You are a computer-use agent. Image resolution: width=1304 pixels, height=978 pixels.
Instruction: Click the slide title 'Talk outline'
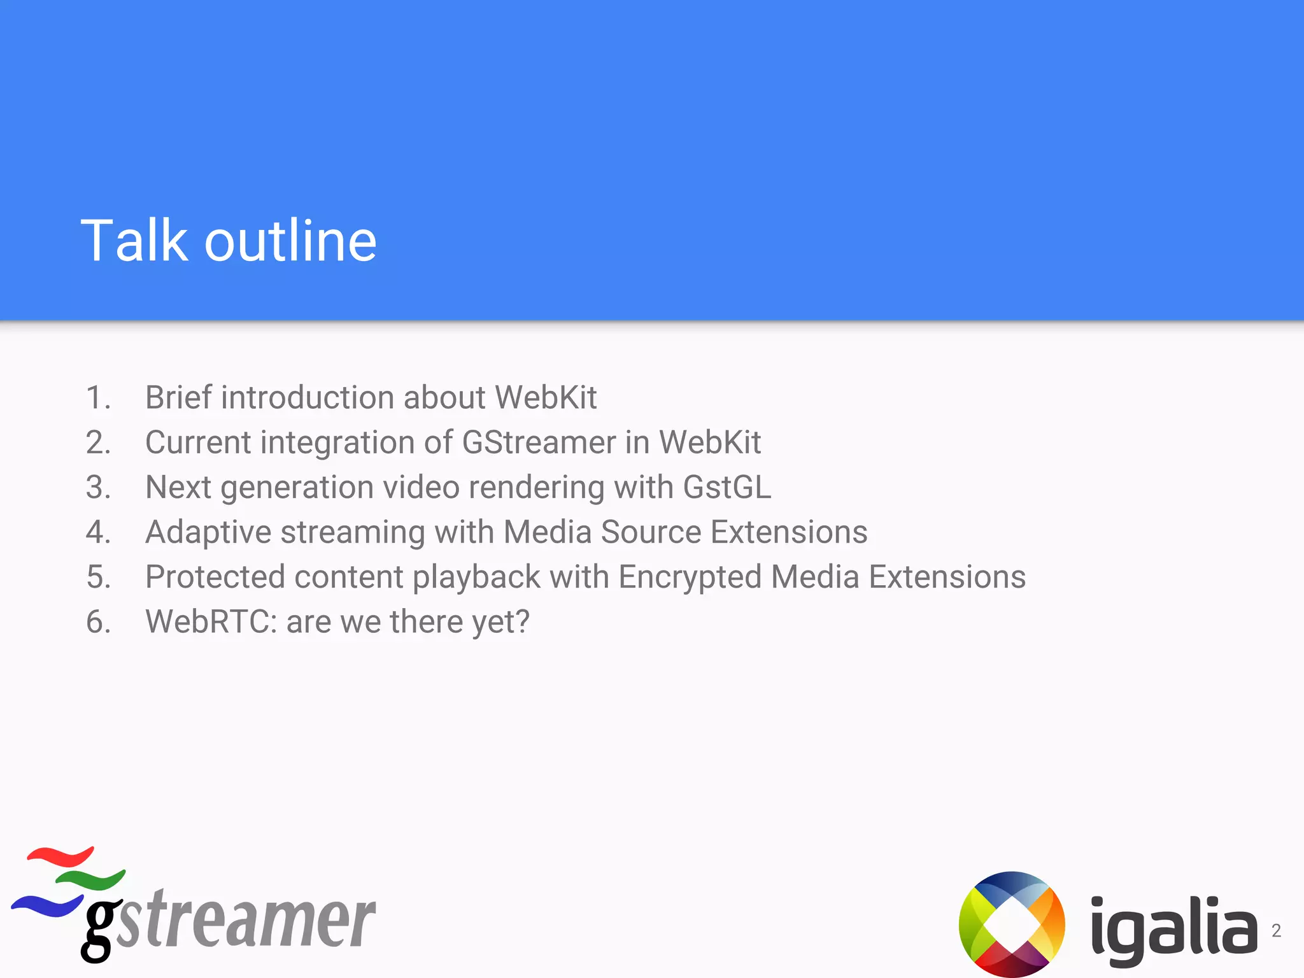229,241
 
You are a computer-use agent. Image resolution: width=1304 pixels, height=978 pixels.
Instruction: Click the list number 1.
98,398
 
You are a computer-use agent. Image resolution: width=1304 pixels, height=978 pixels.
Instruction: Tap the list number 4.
98,532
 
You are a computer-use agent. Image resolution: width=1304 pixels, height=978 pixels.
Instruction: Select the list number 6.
98,622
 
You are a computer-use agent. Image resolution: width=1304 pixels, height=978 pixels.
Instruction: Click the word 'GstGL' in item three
726,487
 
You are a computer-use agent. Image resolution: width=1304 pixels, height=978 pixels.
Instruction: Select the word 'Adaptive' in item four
208,532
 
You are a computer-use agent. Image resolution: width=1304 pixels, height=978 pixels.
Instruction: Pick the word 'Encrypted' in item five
690,577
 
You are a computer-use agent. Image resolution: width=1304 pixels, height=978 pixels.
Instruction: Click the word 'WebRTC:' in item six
211,622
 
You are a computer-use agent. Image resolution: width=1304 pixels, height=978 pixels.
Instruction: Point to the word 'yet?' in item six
500,622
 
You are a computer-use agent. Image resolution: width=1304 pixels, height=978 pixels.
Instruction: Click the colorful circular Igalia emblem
1012,924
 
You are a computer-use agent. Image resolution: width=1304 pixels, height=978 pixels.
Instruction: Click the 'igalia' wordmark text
1173,930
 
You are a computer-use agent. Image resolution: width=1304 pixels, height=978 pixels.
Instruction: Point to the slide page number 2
1276,931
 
